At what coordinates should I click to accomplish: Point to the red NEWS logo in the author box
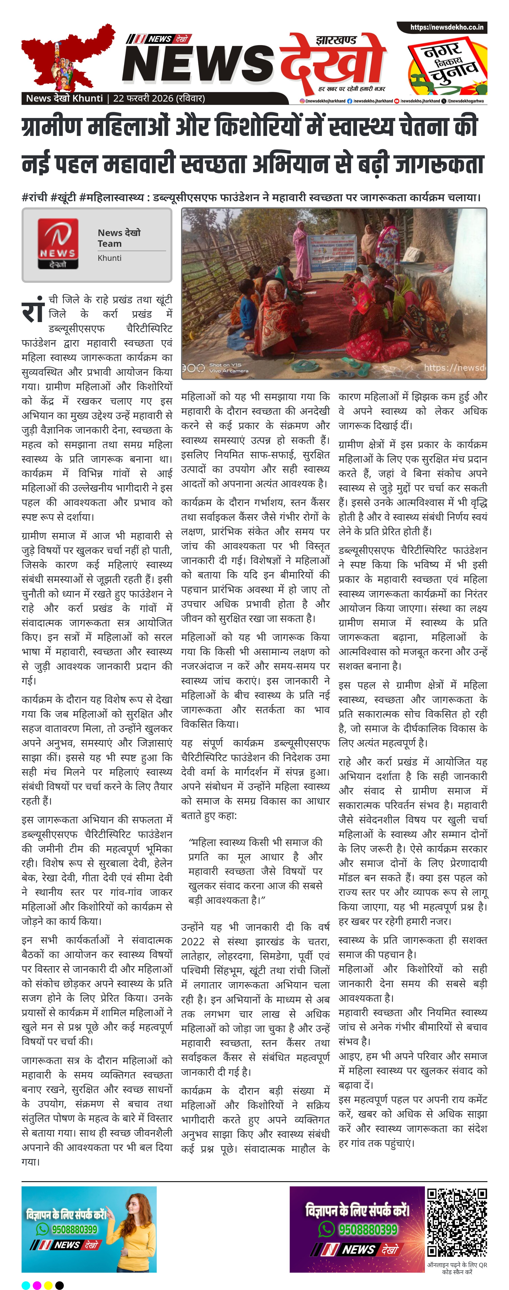point(58,243)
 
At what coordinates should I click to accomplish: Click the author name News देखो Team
point(119,238)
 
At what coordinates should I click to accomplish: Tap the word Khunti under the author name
point(110,258)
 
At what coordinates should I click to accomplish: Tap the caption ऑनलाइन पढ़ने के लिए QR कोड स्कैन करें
point(456,1268)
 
